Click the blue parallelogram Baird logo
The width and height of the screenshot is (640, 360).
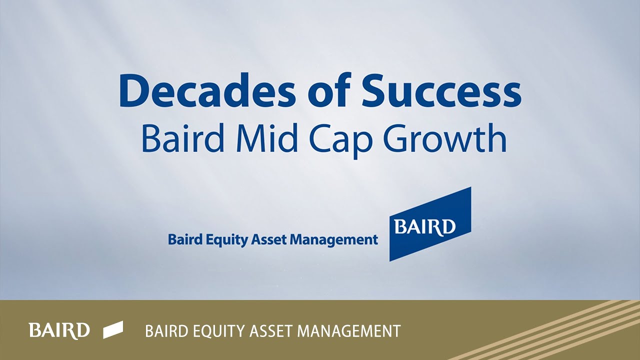click(430, 224)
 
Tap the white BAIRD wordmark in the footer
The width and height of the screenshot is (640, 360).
click(59, 330)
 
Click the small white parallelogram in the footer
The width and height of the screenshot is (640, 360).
click(113, 330)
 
